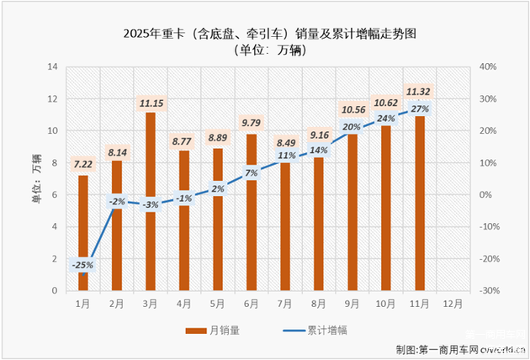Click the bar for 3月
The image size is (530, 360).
[151, 202]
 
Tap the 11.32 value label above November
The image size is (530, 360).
[420, 92]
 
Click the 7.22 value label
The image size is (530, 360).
[83, 164]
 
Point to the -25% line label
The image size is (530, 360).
[83, 265]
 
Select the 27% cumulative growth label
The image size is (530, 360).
[420, 109]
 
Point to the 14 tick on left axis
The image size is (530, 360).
[52, 66]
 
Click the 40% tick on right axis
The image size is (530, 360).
[489, 66]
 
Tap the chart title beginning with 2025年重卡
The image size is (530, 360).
[264, 34]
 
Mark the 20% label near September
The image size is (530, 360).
[352, 127]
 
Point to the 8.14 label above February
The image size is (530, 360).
[117, 154]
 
